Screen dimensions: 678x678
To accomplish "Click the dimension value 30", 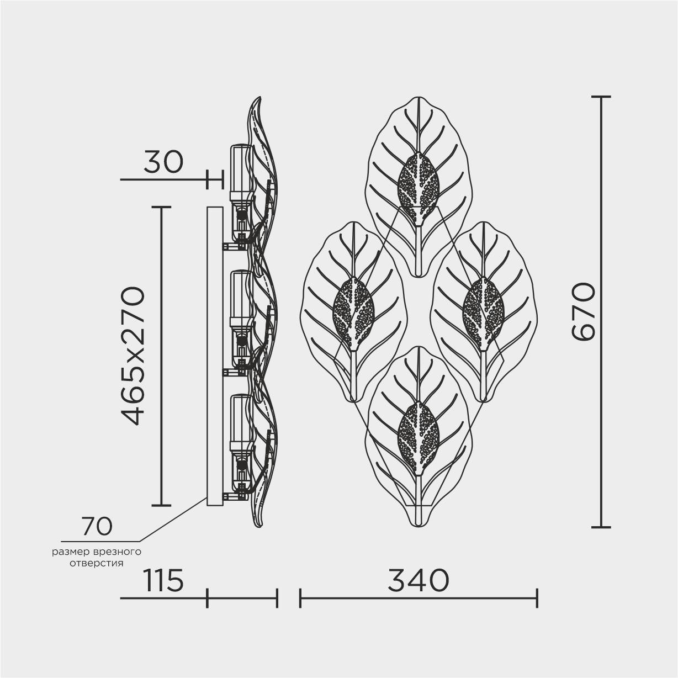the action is pyautogui.click(x=163, y=162).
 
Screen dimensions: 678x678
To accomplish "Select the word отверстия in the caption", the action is pyautogui.click(x=97, y=563).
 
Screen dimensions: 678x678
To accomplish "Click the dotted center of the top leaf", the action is pyautogui.click(x=418, y=189).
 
